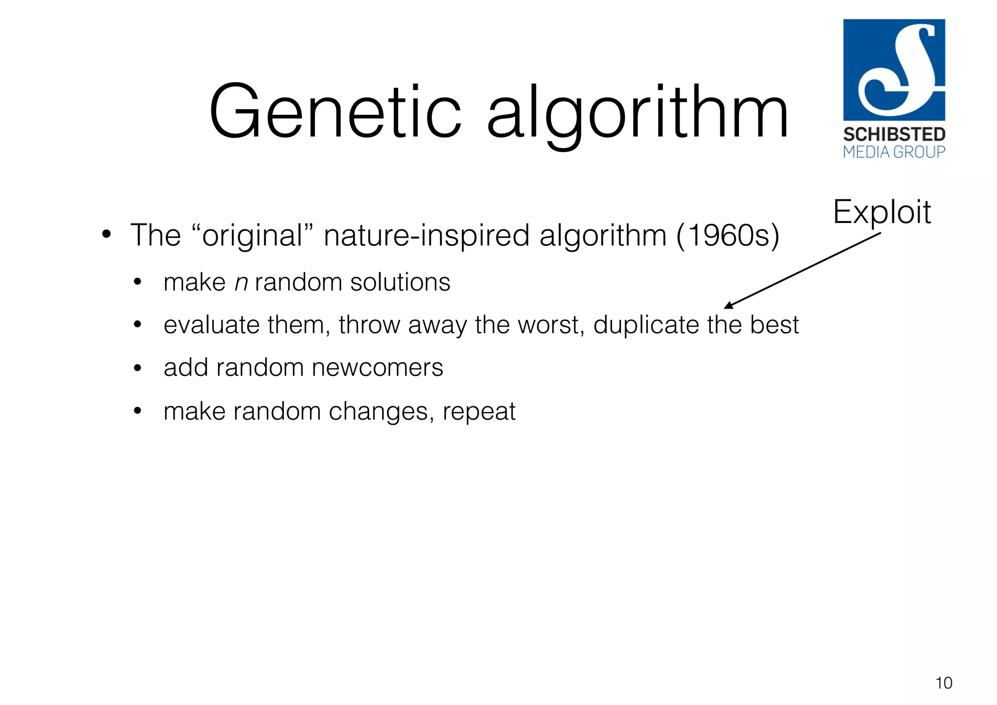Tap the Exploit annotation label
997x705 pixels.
tap(882, 212)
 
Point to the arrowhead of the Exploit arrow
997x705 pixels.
tap(727, 305)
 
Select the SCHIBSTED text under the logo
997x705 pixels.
tap(894, 134)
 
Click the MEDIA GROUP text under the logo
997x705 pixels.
tap(894, 152)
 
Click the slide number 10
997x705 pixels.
tap(943, 683)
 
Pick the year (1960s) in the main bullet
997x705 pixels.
tap(728, 236)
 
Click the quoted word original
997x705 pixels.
tap(252, 236)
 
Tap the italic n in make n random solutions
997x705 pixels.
tap(241, 283)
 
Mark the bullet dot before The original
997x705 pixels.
tap(107, 235)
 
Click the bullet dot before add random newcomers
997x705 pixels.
tap(138, 368)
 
